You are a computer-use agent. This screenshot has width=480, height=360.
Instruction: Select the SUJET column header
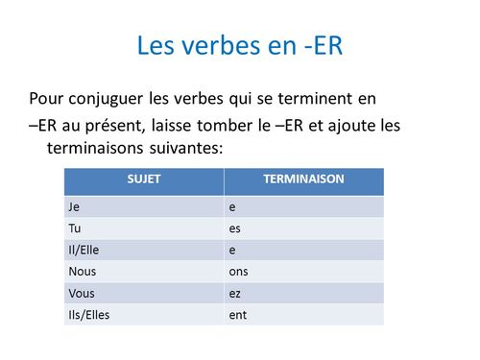(x=143, y=180)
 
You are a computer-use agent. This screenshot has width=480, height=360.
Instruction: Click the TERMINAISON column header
(x=303, y=180)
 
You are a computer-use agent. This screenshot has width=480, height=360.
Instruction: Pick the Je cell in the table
(x=74, y=205)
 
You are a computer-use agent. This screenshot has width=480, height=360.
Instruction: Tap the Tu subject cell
(x=74, y=228)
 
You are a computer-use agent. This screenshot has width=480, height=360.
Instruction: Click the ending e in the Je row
(x=231, y=205)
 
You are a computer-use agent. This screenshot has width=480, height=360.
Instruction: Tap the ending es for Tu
(x=233, y=228)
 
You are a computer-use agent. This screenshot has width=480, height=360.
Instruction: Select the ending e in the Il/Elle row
(x=231, y=249)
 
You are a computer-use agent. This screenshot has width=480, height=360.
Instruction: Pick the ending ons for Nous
(x=236, y=271)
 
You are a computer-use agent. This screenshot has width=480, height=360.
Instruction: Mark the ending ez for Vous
(x=233, y=292)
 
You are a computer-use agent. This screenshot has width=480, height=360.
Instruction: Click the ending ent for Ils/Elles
(x=236, y=314)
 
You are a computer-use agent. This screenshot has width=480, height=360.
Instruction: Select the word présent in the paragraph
(x=140, y=126)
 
